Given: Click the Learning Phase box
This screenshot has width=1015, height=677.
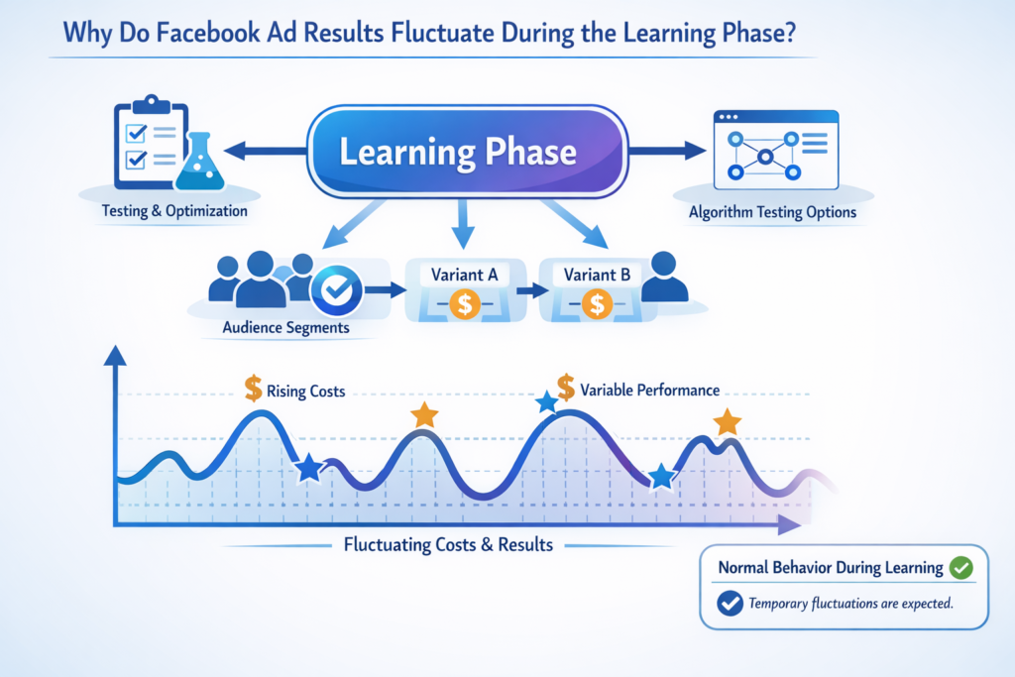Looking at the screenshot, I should pos(467,153).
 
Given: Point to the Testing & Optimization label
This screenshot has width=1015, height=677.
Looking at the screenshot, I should pos(174,211).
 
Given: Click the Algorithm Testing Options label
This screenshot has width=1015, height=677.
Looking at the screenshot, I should pos(772,212).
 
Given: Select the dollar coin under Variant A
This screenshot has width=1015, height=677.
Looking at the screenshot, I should pos(465,304).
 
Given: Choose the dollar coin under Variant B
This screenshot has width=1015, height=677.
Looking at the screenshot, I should pos(596,304).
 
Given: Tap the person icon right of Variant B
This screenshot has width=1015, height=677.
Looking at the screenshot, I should pos(665,278).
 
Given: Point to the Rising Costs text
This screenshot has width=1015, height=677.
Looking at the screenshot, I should pos(306,392).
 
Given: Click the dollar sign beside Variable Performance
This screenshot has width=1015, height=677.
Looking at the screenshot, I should pos(566,387).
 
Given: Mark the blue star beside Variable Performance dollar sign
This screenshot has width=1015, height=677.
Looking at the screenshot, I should pos(545,402).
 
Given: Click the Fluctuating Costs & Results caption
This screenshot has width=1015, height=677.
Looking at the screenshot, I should pos(448,544).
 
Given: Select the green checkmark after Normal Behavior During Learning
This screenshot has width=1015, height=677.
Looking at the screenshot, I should pos(960,568).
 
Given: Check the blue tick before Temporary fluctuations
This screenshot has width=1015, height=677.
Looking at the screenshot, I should pos(729,603).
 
